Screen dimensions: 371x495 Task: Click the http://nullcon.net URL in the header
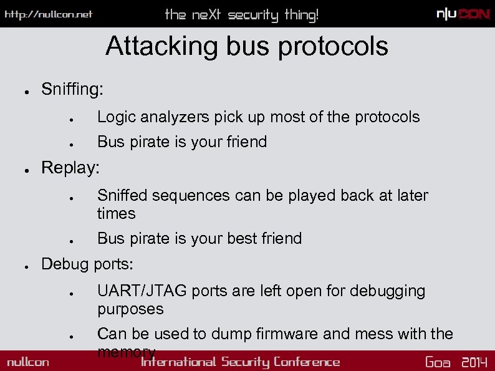tap(49, 14)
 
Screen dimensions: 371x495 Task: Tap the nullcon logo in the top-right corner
tap(463, 14)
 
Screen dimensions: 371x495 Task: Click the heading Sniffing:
tap(72, 90)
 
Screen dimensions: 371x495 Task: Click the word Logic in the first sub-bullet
tap(115, 117)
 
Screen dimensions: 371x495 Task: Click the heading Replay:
tap(70, 168)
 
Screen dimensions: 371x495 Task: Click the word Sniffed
tap(122, 195)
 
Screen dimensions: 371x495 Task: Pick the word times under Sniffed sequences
tap(116, 213)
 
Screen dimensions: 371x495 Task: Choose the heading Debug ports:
tap(87, 264)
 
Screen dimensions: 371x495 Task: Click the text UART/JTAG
tap(142, 291)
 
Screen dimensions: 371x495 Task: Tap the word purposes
tap(130, 309)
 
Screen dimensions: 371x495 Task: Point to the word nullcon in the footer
tap(28, 362)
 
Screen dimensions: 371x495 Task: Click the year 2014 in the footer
tap(474, 362)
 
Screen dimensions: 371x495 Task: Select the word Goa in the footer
tap(438, 362)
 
